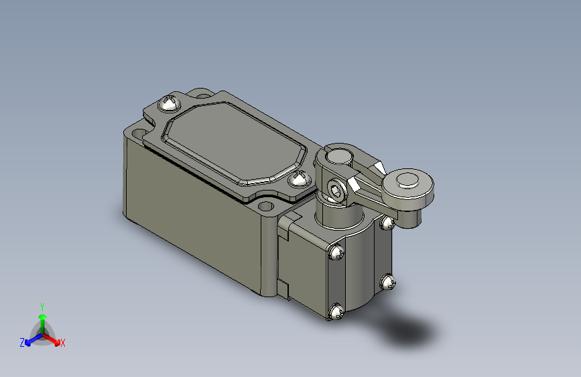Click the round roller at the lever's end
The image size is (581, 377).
point(407,181)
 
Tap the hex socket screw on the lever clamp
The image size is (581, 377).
point(336,191)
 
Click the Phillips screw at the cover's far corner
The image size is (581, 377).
point(168,104)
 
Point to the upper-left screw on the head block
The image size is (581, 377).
point(336,253)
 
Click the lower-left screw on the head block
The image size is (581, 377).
point(336,312)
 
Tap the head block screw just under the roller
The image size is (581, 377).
point(387,222)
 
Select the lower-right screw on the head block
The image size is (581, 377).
point(387,282)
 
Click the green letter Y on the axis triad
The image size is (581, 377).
point(42,306)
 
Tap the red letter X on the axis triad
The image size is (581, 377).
point(63,343)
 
